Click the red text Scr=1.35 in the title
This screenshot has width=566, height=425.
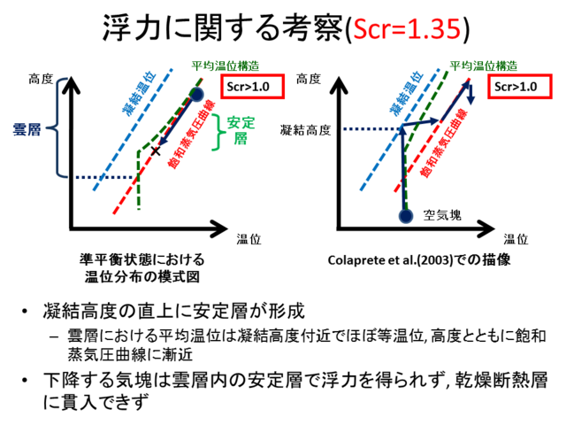(x=407, y=28)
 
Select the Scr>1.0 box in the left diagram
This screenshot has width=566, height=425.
(x=253, y=87)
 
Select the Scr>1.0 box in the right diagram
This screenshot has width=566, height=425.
(x=520, y=87)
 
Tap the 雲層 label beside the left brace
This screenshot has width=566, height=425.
(x=27, y=129)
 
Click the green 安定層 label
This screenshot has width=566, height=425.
(x=241, y=130)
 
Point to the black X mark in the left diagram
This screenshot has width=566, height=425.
(x=156, y=151)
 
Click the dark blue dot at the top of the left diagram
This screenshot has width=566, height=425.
(x=196, y=95)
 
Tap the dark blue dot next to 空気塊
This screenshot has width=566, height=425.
(x=406, y=216)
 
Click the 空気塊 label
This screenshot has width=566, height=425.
(x=442, y=215)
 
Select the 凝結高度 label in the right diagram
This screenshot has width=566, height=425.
(x=305, y=130)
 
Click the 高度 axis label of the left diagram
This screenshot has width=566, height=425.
(x=41, y=79)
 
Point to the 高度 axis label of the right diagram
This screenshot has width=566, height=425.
(x=309, y=79)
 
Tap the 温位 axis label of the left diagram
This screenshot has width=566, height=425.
(x=249, y=239)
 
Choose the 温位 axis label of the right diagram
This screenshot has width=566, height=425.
(x=516, y=239)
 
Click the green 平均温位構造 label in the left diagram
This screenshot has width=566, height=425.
(x=226, y=66)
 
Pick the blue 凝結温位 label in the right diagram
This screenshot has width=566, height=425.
(x=407, y=93)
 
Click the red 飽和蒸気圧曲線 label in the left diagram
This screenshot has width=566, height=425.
(x=192, y=134)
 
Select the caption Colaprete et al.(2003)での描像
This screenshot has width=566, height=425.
(x=419, y=259)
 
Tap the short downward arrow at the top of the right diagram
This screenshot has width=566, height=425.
(x=470, y=95)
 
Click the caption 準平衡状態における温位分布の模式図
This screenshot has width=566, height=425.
(x=142, y=268)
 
